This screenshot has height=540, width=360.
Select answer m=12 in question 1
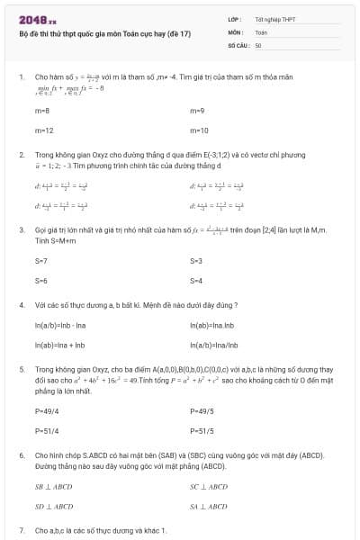(43, 130)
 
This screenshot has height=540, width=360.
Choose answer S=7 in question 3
(40, 260)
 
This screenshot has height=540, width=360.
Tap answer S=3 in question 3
(196, 260)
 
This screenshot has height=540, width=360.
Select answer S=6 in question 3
(40, 281)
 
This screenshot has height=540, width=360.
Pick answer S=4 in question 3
(196, 281)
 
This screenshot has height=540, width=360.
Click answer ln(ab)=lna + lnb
(59, 345)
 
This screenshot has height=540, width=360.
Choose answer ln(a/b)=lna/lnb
(215, 345)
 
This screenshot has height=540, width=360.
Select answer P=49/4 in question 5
(47, 409)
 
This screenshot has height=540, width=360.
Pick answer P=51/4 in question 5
(47, 430)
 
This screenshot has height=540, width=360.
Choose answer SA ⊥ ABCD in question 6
(209, 507)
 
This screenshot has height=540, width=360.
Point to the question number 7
(22, 530)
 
